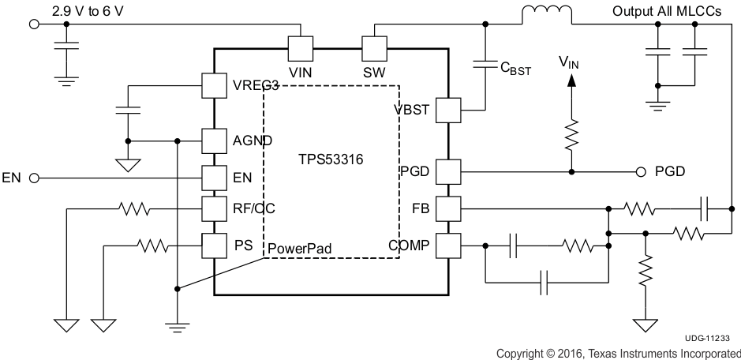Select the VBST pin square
(x=448, y=111)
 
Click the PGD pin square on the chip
(x=448, y=171)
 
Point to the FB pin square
(x=448, y=209)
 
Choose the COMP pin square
(x=448, y=246)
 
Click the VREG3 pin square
(x=215, y=85)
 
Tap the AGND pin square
(x=215, y=141)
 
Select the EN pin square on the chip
(x=215, y=178)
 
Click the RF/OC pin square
(x=215, y=208)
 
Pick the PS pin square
(x=215, y=246)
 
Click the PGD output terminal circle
(x=642, y=171)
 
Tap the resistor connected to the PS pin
(x=153, y=246)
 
